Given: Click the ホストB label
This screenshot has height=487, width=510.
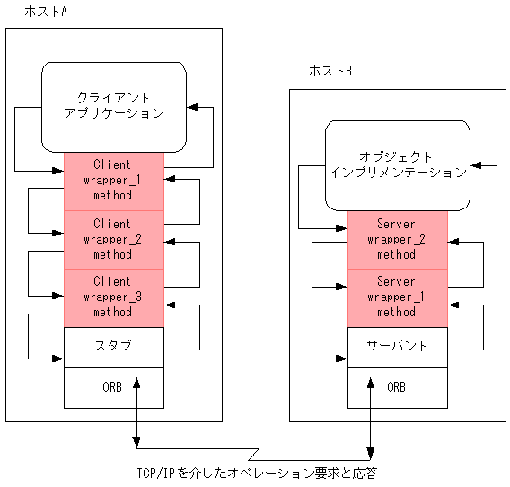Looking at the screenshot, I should (x=330, y=71).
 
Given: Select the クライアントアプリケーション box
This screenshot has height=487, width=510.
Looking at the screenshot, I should (x=114, y=106).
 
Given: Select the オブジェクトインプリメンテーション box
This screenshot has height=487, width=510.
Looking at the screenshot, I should (x=397, y=164).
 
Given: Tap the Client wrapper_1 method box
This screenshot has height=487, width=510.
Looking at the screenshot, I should (x=113, y=180).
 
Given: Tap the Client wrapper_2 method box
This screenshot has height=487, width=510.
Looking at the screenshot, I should (x=113, y=239).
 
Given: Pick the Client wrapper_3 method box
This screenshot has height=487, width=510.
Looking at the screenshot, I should (x=113, y=297).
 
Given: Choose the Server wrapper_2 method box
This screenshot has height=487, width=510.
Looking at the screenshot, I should (x=397, y=240).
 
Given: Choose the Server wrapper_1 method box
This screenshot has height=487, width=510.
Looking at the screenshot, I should (x=397, y=297).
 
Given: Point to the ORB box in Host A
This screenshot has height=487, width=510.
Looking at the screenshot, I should (x=113, y=387).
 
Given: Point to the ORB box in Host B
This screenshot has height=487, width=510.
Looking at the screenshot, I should (x=397, y=387).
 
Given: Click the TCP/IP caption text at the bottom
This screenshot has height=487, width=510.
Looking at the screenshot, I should (x=256, y=473).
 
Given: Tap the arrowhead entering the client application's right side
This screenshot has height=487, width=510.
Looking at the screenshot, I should (x=192, y=108).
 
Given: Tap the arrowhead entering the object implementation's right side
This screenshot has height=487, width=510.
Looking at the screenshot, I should (x=476, y=167).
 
